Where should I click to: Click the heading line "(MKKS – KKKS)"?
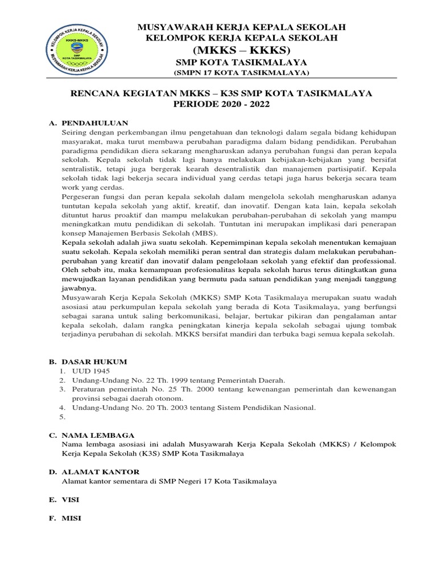[241, 50]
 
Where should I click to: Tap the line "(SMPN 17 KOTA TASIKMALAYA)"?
[241, 73]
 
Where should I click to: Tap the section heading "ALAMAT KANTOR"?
[100, 472]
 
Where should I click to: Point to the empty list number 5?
[62, 417]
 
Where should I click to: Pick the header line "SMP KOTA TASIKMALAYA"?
[241, 62]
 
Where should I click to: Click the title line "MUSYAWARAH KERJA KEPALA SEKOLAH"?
[241, 27]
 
